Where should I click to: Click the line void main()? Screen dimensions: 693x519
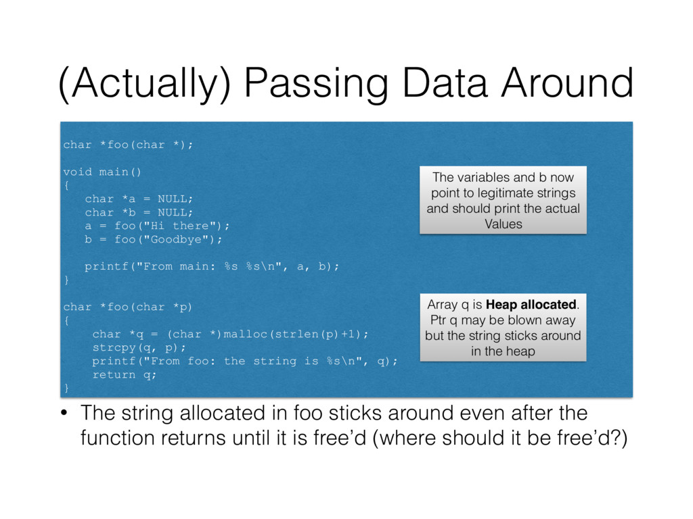[102, 172]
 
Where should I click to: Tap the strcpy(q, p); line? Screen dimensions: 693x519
[139, 347]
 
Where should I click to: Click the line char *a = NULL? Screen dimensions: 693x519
[139, 199]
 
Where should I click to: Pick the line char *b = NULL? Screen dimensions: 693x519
[139, 212]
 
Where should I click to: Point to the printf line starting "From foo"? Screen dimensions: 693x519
[244, 361]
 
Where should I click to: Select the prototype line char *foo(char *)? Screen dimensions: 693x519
[128, 145]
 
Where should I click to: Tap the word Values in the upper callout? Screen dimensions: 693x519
[504, 224]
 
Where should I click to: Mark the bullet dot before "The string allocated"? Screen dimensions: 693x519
[66, 412]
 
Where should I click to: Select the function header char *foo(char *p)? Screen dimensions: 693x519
[128, 307]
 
